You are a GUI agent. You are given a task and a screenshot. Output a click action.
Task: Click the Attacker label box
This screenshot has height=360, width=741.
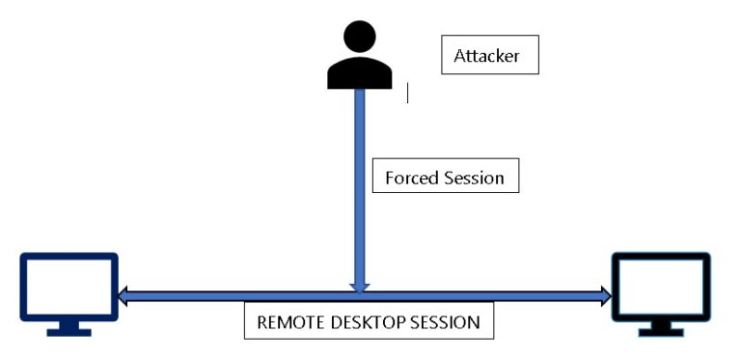tap(488, 56)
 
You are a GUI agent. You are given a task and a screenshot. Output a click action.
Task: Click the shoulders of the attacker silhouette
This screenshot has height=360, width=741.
tap(360, 73)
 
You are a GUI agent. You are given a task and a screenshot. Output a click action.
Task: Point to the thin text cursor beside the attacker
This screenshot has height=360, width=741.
tap(407, 93)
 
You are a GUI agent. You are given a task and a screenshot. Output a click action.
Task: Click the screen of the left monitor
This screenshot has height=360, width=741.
tap(69, 287)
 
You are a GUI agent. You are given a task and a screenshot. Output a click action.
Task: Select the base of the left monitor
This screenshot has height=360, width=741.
tap(69, 331)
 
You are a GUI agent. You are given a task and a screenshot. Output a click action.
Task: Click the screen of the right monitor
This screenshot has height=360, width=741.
tap(662, 287)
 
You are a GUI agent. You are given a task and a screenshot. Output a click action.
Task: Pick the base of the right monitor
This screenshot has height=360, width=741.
tap(662, 331)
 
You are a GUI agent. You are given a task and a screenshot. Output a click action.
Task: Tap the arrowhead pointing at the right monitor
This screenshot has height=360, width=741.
tap(605, 296)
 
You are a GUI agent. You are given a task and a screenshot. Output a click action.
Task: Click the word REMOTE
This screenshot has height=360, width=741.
tap(288, 322)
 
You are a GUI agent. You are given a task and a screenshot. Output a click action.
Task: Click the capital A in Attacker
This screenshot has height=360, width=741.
tap(459, 56)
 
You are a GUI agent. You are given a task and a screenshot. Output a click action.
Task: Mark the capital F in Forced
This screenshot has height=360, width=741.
tap(389, 178)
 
